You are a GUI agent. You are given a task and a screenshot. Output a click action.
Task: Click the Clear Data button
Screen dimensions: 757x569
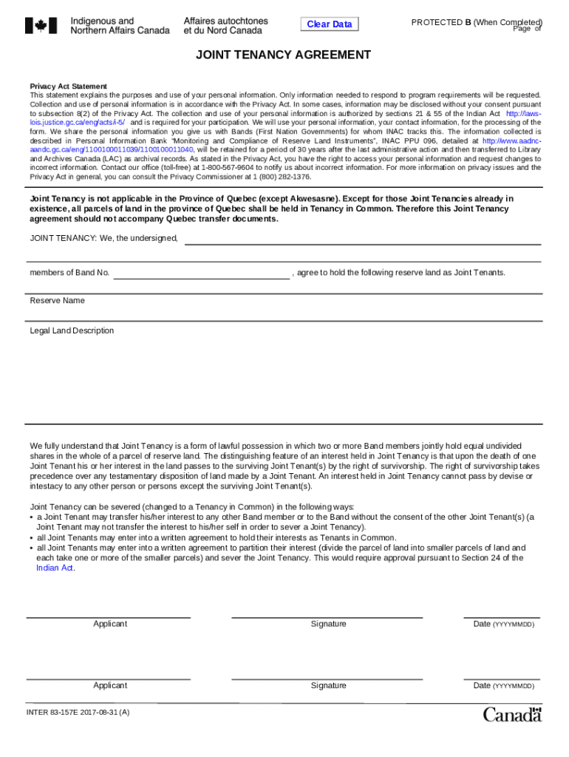point(330,24)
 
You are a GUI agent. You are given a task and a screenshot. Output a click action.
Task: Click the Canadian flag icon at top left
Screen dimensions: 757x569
point(41,26)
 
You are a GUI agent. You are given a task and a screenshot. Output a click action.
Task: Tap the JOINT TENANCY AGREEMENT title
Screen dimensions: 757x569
point(283,55)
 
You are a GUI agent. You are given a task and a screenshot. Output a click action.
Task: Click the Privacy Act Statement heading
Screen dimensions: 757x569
point(68,86)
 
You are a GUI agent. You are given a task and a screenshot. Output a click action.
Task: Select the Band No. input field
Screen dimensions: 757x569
point(201,273)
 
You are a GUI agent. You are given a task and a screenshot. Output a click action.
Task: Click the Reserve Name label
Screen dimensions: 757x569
point(57,301)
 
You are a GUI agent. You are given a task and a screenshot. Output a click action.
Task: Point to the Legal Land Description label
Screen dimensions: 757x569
point(72,330)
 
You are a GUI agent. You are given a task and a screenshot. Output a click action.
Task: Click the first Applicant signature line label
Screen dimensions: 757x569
point(109,624)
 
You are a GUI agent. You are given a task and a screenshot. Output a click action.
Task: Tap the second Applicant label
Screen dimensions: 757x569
point(109,686)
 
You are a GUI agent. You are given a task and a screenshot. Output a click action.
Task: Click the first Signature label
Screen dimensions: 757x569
point(328,624)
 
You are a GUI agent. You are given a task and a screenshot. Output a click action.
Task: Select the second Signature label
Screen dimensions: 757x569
point(328,686)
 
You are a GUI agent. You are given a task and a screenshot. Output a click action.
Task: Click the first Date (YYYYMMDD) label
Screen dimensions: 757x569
point(503,624)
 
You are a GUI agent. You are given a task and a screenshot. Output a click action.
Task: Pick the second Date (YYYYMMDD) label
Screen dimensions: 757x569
point(503,686)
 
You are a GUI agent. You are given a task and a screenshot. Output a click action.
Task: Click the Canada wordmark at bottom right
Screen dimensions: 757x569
point(512,714)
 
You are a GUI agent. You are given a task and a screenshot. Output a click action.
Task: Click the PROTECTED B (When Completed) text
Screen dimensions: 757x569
point(476,22)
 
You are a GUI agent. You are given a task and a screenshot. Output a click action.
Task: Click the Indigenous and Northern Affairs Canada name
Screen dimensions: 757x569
point(120,26)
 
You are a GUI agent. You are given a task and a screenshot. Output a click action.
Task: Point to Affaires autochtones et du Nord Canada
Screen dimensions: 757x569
point(225,26)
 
